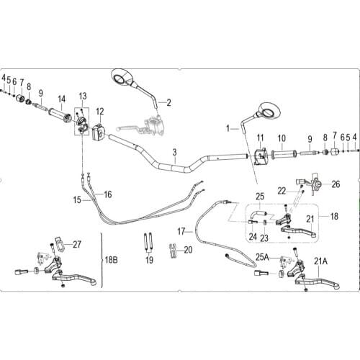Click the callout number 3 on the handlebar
(x=175, y=152)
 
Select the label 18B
(x=112, y=260)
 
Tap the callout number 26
(x=336, y=184)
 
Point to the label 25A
(x=262, y=257)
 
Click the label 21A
(x=320, y=261)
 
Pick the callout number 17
(x=181, y=232)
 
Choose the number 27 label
(x=77, y=245)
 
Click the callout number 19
(x=149, y=260)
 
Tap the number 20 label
(x=188, y=250)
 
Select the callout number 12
(x=100, y=112)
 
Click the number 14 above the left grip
(x=61, y=99)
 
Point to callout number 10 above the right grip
(x=282, y=138)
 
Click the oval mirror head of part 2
(x=123, y=77)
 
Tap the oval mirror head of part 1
(x=269, y=111)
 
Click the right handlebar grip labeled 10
(x=284, y=153)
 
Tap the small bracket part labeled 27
(x=59, y=244)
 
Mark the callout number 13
(x=83, y=96)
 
